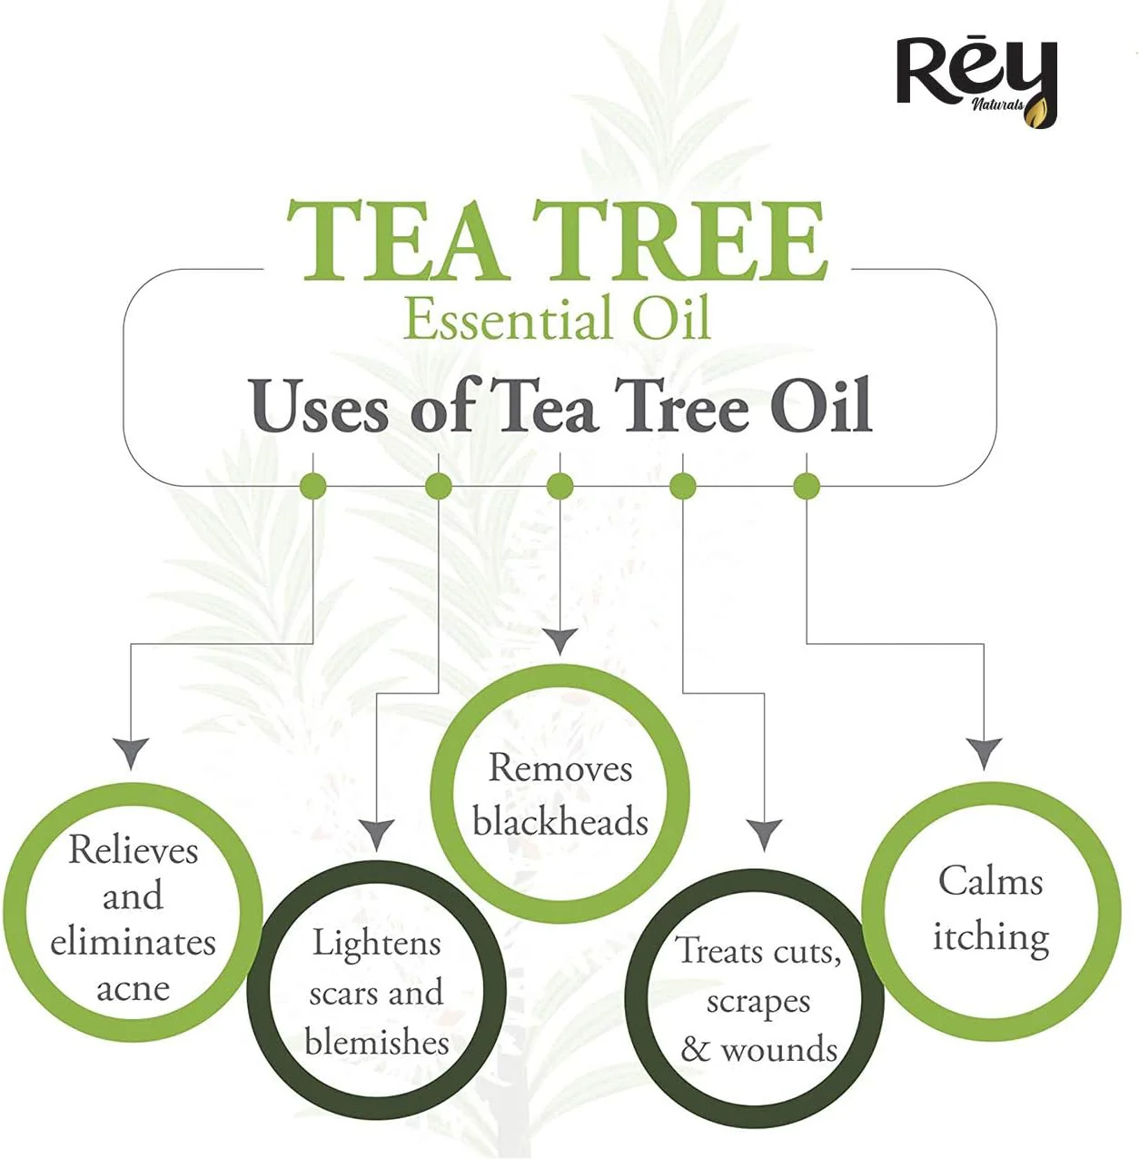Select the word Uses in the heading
[320, 405]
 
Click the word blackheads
[560, 822]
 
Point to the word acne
[133, 990]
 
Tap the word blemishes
[377, 1043]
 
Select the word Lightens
[377, 943]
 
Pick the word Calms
[990, 881]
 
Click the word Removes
[560, 768]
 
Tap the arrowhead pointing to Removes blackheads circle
[560, 641]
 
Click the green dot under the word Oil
[807, 486]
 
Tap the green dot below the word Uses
[312, 486]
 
